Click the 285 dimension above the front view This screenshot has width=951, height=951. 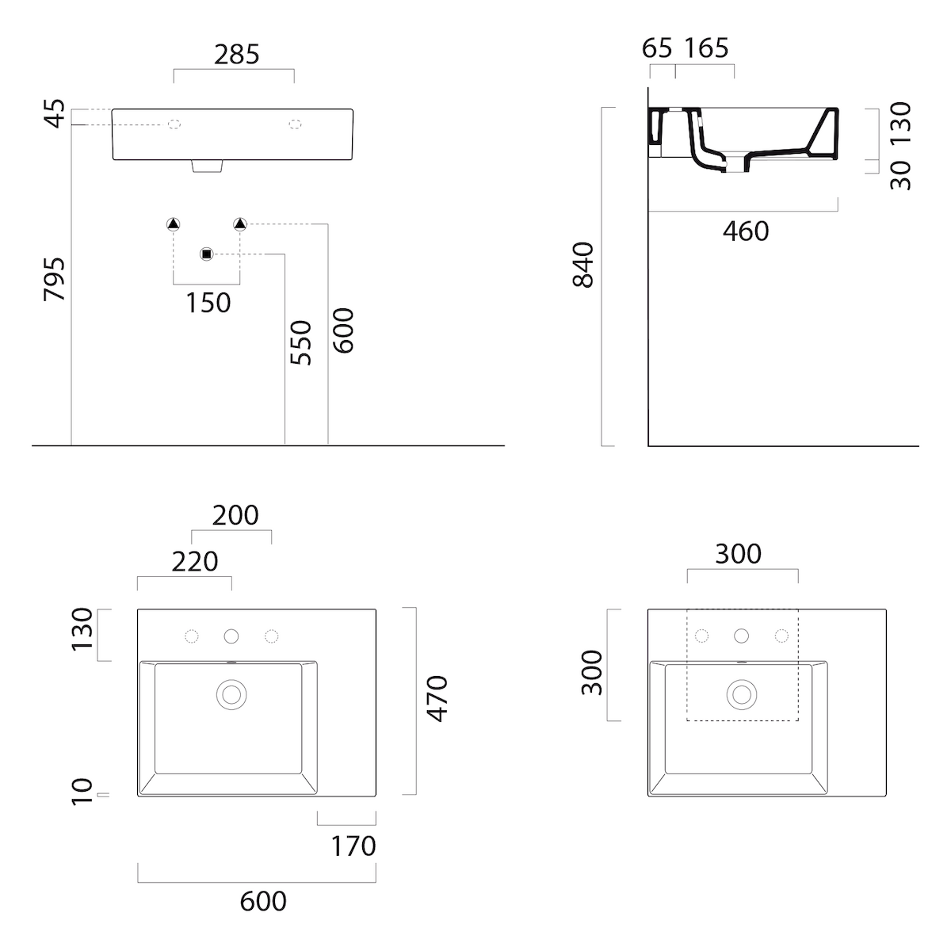236,55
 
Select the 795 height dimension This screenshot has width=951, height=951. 55,279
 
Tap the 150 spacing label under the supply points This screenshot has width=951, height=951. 208,303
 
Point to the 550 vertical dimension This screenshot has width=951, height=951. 301,342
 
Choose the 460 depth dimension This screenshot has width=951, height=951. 746,231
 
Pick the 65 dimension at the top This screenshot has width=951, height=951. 657,48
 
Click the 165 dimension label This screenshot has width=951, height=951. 706,48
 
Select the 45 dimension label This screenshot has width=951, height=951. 55,113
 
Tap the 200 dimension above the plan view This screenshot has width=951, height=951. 235,515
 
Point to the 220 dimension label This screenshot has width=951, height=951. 195,562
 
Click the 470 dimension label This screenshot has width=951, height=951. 437,699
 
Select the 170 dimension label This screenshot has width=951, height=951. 353,846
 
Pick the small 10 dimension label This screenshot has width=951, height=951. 82,792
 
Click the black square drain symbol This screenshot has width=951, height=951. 207,254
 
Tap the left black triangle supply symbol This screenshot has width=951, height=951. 174,224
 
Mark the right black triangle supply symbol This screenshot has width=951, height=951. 240,224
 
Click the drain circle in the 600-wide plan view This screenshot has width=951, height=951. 231,694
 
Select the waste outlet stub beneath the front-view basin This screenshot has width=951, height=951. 208,166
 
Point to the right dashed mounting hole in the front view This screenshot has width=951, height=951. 295,124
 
